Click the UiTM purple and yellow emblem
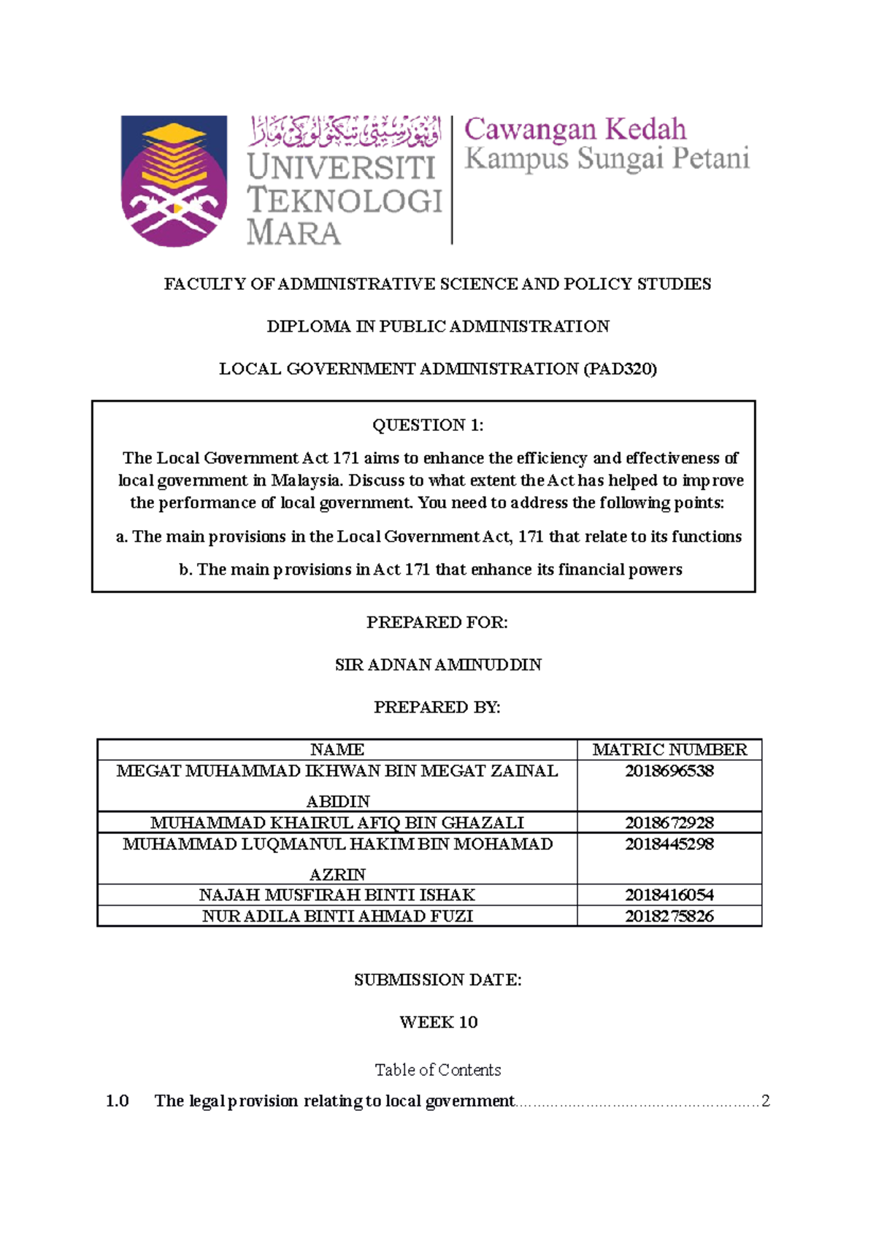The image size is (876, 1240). (x=174, y=180)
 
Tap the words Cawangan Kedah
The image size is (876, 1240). (x=575, y=129)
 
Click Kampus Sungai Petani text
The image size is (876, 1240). (x=607, y=158)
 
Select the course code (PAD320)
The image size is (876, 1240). (x=620, y=369)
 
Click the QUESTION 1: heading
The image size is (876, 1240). (x=428, y=425)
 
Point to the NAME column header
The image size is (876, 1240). (x=337, y=749)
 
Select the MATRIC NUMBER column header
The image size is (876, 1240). (x=669, y=749)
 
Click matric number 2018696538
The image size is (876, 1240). (x=669, y=771)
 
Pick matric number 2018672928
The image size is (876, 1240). (x=669, y=822)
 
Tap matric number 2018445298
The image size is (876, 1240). (x=669, y=844)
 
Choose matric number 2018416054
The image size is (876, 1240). (x=669, y=895)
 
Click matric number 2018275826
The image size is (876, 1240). (x=669, y=916)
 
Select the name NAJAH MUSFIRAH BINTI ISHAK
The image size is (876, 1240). (x=337, y=895)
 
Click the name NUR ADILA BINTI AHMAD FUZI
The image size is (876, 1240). (x=337, y=916)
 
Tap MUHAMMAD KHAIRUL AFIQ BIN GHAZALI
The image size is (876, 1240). (x=337, y=822)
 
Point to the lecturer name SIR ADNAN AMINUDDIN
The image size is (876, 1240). (x=438, y=665)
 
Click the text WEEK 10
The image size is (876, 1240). (x=438, y=1022)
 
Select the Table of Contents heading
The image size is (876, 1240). (x=438, y=1070)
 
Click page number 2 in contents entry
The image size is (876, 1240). (x=765, y=1101)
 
